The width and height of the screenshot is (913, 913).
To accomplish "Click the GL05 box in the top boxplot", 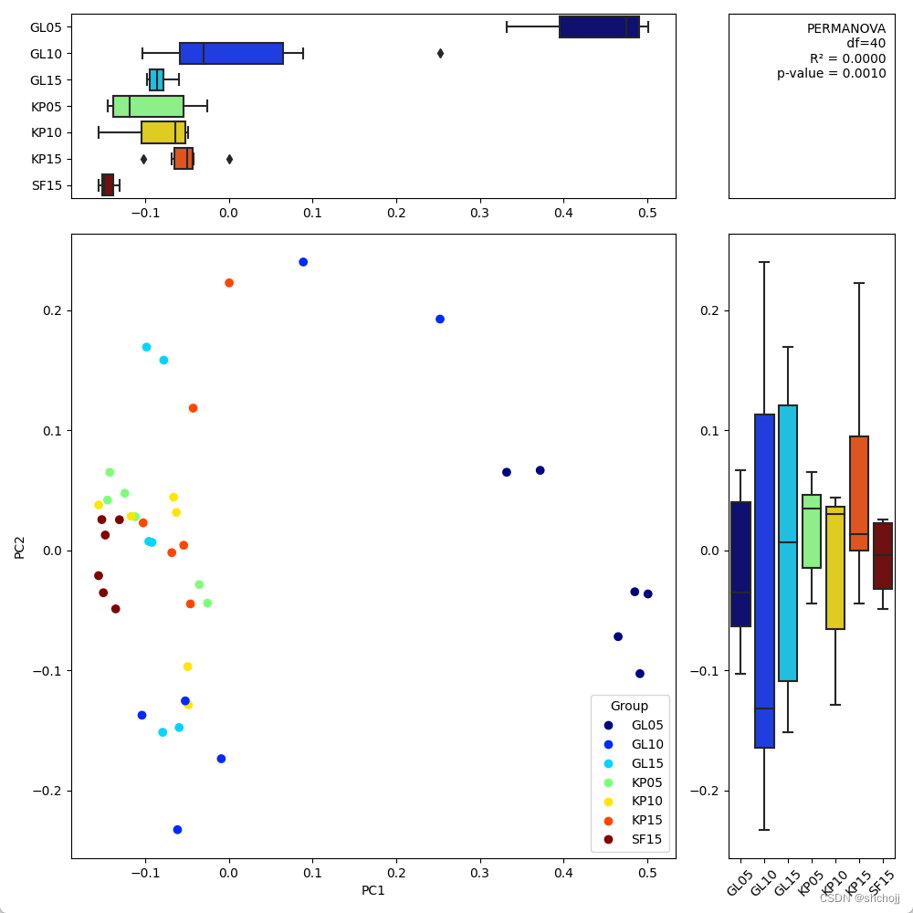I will click(x=598, y=27).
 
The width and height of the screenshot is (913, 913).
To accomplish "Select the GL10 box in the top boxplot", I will click(x=231, y=53).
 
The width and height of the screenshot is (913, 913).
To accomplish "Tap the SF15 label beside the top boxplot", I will click(x=47, y=185).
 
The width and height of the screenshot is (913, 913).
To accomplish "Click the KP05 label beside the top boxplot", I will click(x=47, y=106).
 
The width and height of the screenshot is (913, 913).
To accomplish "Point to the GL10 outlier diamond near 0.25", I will click(x=440, y=53).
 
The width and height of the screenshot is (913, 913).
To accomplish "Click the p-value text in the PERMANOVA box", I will click(x=831, y=74).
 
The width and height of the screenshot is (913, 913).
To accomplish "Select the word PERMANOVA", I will click(x=846, y=28).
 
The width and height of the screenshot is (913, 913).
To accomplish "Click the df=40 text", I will click(x=866, y=43).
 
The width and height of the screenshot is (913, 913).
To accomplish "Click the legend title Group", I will click(x=629, y=706).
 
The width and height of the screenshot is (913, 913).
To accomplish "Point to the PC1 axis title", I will click(x=373, y=890).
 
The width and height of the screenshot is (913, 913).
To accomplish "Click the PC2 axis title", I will click(x=20, y=546).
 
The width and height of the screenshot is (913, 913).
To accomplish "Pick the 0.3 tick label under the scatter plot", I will click(x=479, y=871).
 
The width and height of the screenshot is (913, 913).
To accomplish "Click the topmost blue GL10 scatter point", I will click(x=303, y=262).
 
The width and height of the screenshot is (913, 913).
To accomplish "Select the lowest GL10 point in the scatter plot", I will click(x=177, y=830).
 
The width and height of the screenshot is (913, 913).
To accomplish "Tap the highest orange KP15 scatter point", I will click(x=229, y=283).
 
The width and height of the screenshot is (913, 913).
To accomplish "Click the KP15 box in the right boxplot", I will click(x=859, y=493).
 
